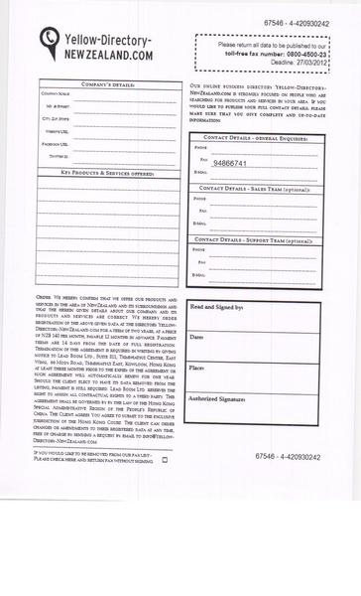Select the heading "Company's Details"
tap(106, 85)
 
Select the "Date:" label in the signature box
tap(196, 338)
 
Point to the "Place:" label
tap(197, 368)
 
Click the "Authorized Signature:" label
tap(218, 397)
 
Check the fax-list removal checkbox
tap(165, 460)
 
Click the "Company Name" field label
tap(57, 94)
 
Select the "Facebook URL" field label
tap(56, 144)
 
